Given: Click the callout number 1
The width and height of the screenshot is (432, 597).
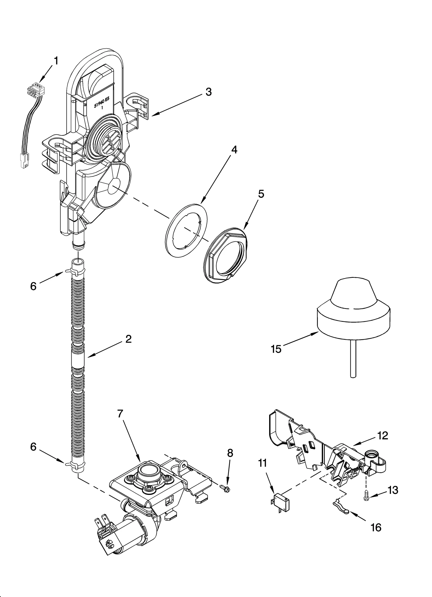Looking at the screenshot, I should [56, 61].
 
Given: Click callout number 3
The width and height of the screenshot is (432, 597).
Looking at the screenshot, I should [208, 92].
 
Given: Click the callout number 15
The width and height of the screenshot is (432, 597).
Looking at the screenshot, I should [276, 349].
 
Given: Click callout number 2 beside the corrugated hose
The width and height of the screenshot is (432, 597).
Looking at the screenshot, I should [128, 339].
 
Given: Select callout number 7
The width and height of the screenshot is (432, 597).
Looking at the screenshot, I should [120, 421].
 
